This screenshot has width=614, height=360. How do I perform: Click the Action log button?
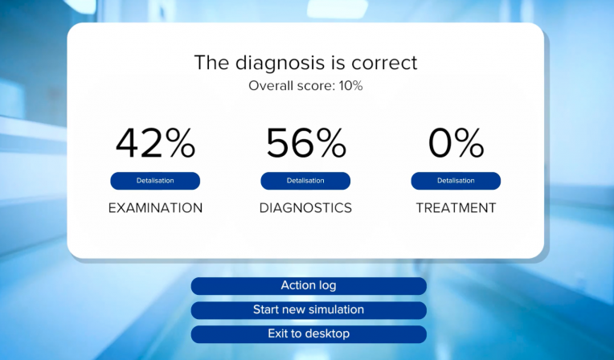pos(309,286)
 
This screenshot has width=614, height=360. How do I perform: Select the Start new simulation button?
pos(309,310)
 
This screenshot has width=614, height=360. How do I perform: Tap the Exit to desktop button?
pos(309,334)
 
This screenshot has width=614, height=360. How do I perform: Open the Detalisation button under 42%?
pos(155,181)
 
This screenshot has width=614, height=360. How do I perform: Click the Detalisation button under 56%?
pos(305,181)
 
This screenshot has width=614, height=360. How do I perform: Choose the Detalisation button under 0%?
pos(456,181)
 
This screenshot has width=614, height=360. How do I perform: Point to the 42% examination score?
pos(155,143)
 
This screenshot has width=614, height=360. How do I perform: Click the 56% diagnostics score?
pos(306,143)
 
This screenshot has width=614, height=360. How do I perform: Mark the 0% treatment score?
pos(456,143)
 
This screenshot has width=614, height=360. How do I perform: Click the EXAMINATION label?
pos(155,208)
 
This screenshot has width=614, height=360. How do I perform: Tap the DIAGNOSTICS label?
pos(305,208)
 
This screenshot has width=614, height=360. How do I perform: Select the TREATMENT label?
pos(456,208)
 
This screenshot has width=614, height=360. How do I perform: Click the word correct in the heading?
pos(384,63)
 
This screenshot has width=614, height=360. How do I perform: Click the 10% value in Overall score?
pos(351,86)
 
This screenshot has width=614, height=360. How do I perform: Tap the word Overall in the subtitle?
pos(271,86)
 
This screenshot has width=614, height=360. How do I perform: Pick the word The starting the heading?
pos(211,63)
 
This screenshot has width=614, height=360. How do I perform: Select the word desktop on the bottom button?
pos(328,334)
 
